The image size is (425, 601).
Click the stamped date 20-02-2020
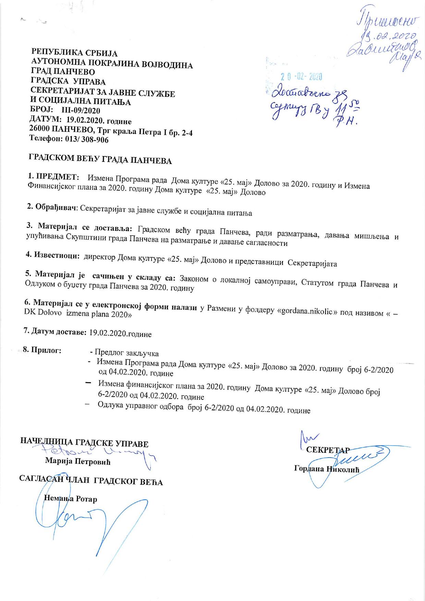click(x=301, y=76)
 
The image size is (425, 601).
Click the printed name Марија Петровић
click(x=78, y=461)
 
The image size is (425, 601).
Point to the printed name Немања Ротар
click(x=71, y=498)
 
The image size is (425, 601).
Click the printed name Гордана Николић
click(x=327, y=469)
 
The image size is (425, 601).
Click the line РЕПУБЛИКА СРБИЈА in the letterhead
click(x=74, y=54)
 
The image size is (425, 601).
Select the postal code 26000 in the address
click(x=41, y=130)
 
